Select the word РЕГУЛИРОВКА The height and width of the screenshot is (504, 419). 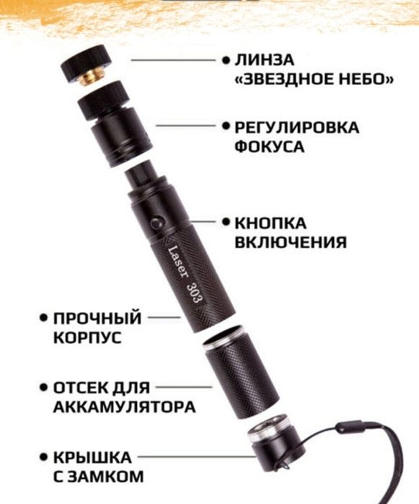(296, 128)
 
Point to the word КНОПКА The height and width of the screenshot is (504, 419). (270, 223)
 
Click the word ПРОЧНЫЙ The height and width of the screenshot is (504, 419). (97, 318)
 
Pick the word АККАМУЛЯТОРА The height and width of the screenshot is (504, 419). (124, 407)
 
